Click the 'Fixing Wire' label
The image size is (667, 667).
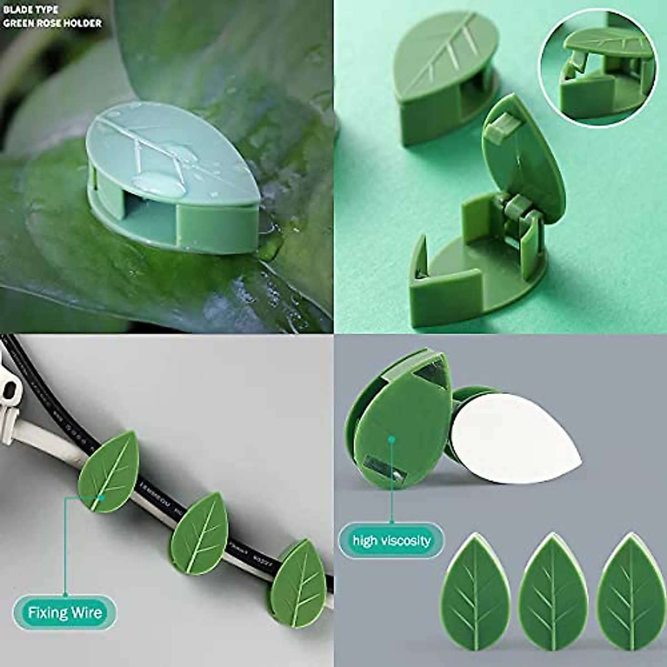tap(65, 613)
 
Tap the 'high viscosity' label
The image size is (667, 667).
tap(392, 540)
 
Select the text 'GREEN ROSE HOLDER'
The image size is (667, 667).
tap(52, 23)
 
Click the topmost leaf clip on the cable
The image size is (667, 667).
tap(110, 470)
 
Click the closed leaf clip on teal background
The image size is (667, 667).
tap(445, 72)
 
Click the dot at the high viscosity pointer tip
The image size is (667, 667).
tap(392, 439)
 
